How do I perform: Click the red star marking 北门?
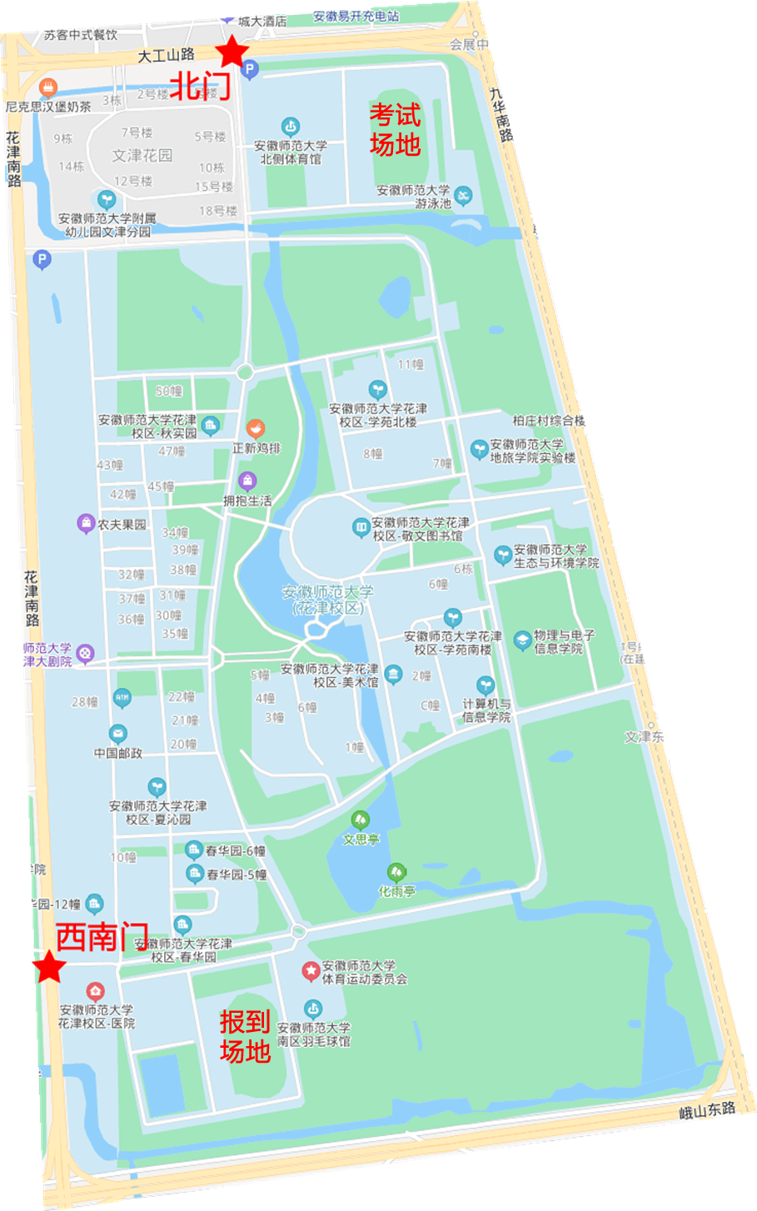coord(232,52)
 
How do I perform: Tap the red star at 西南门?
coord(50,968)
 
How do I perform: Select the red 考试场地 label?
coord(395,129)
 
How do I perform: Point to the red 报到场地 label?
coord(245,1036)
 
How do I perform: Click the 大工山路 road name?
coord(166,55)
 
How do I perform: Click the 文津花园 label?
coord(142,155)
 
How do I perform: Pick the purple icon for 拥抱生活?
coord(247,481)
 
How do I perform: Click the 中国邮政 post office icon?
coord(118,734)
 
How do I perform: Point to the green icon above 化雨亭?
coord(397,872)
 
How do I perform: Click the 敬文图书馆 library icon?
coord(361,527)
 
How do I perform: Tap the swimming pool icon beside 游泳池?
coord(463,197)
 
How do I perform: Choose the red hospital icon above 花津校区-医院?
coord(96,991)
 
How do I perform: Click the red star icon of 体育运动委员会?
coord(311,971)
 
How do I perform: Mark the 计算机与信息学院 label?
coord(486,710)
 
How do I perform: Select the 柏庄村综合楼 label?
coord(549,421)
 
